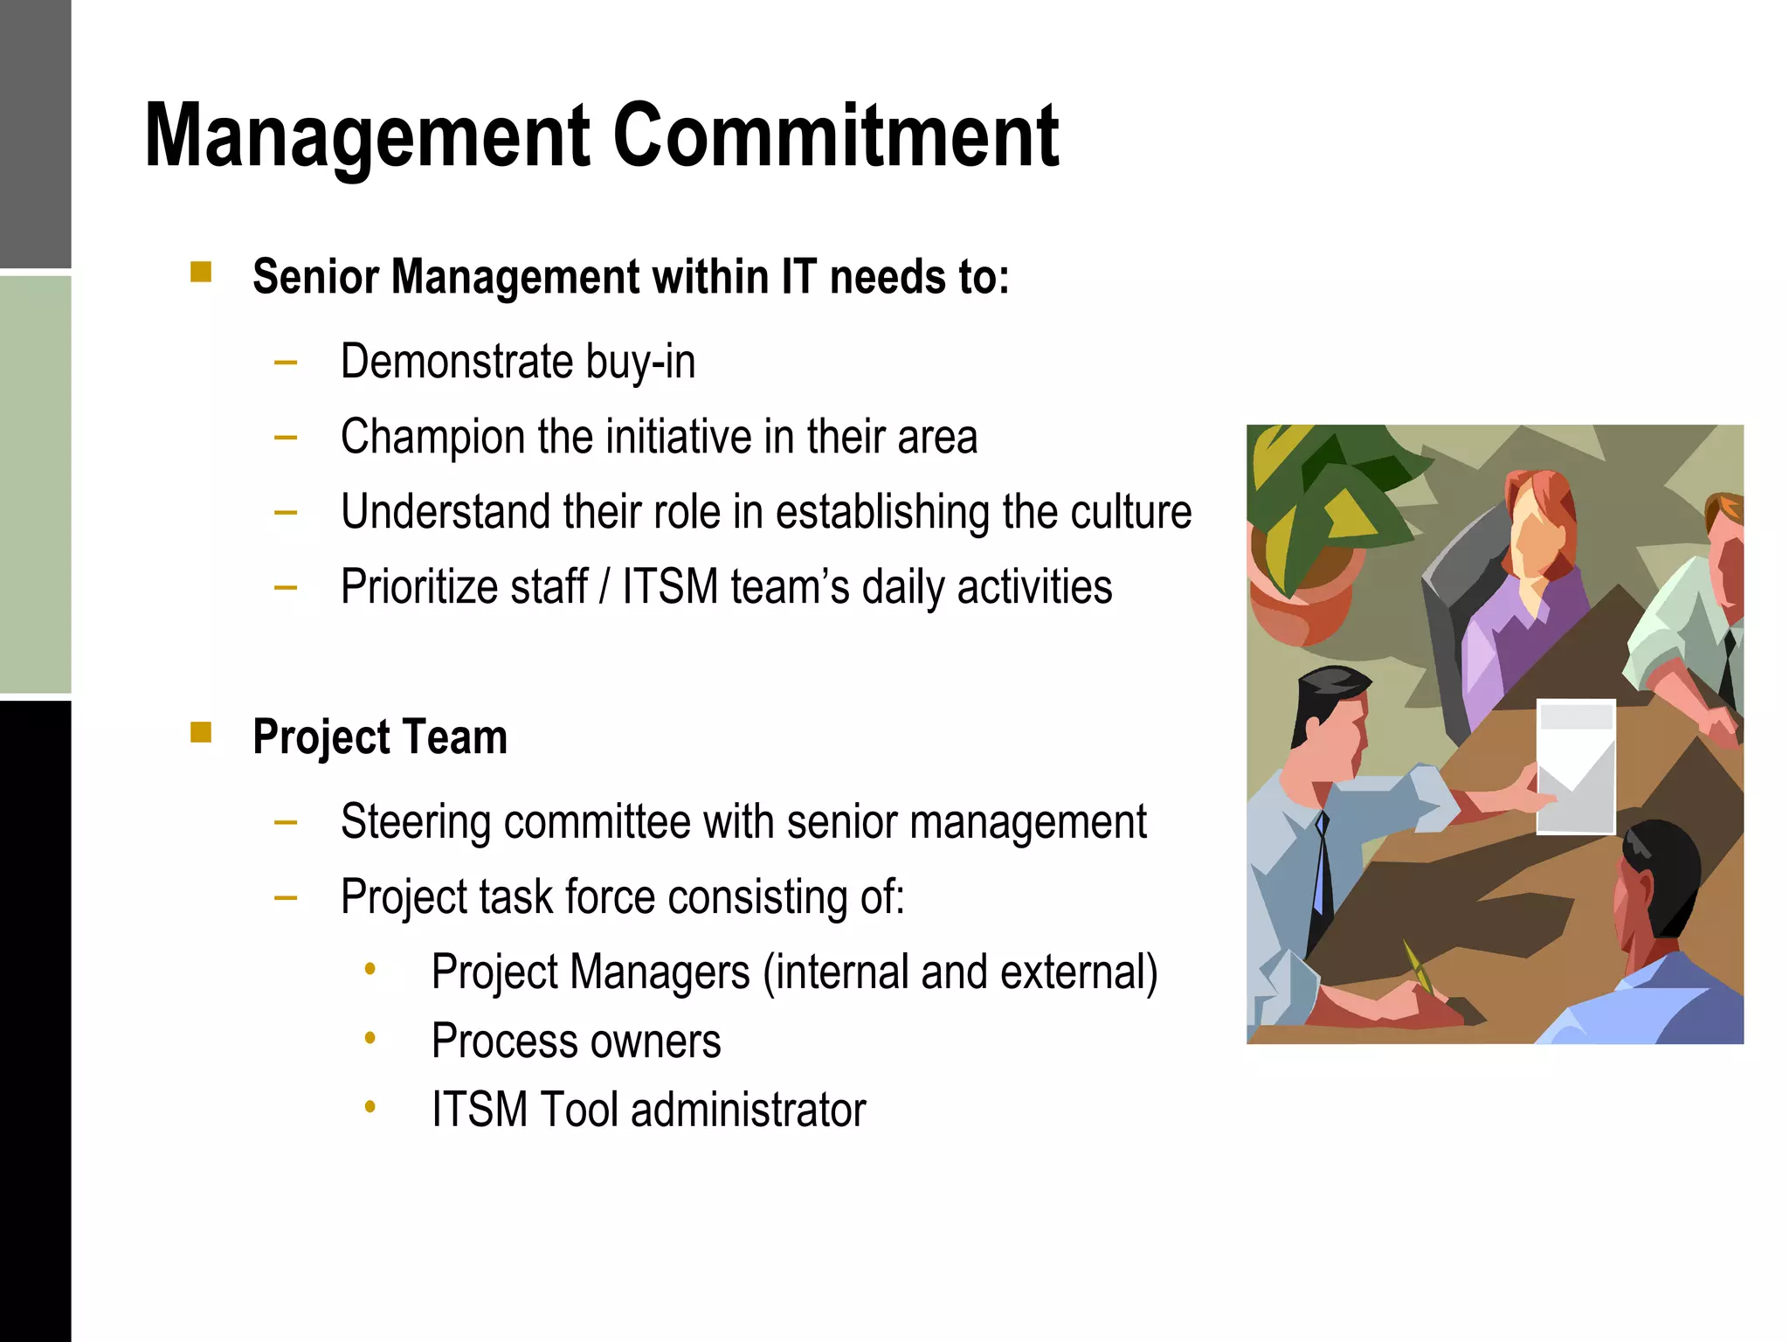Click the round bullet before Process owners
370,1038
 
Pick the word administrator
748,1110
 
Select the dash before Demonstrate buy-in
285,361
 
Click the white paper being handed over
1575,767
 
